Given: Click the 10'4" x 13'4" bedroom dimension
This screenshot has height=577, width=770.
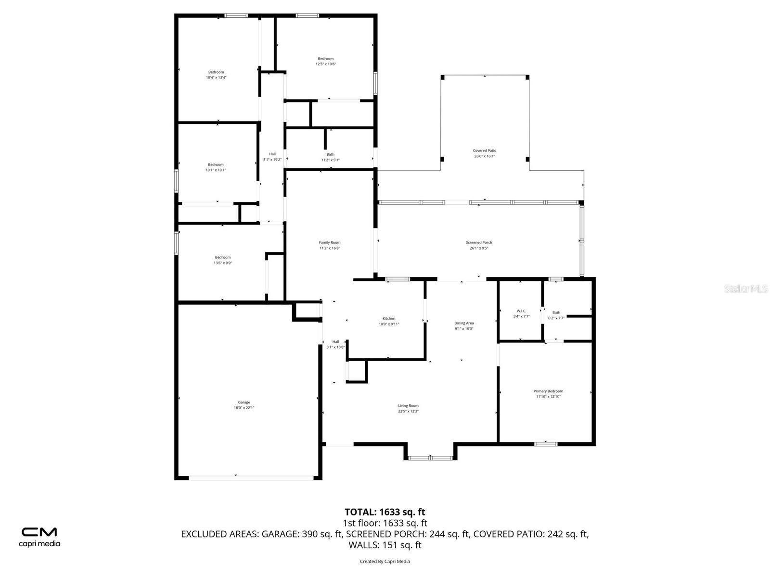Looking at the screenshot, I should (216, 77).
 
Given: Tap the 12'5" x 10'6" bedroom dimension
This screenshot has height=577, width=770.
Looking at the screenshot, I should (326, 64).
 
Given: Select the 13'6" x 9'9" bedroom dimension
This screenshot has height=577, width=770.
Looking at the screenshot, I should (223, 263).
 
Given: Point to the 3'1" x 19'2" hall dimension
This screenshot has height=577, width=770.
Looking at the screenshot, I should (272, 160).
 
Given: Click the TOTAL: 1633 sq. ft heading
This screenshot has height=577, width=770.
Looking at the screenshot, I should (385, 512).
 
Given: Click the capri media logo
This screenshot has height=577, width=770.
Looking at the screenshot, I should (39, 537).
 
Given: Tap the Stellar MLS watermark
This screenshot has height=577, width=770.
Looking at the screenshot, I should (745, 288).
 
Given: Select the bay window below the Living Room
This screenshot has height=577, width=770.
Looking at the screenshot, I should (430, 458).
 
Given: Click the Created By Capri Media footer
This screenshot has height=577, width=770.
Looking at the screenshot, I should (385, 561).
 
